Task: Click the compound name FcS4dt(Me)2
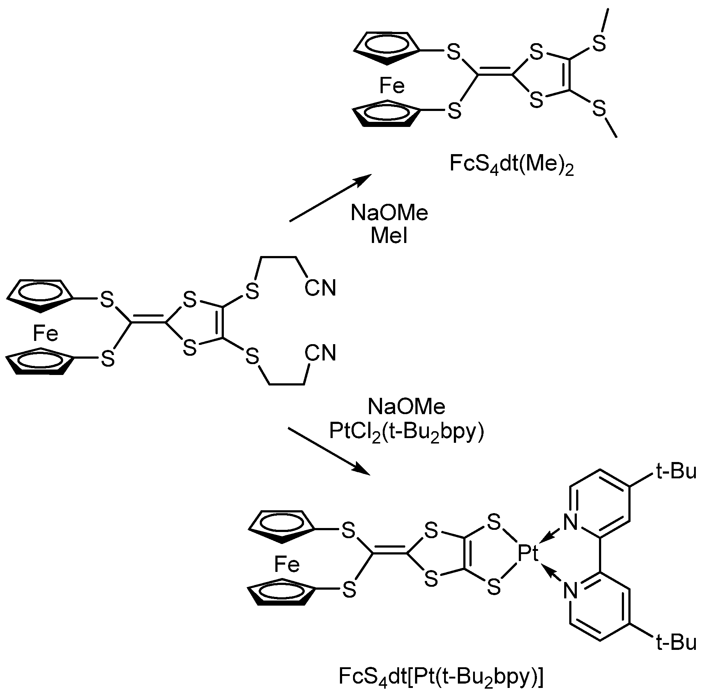tap(511, 164)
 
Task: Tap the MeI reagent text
tap(389, 236)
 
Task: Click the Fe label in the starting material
tap(45, 334)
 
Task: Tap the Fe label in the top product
tap(392, 86)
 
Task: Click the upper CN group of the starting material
tap(320, 288)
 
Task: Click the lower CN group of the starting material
tap(320, 353)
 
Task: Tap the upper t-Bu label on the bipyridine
tap(676, 472)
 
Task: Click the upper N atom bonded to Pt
tap(570, 522)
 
